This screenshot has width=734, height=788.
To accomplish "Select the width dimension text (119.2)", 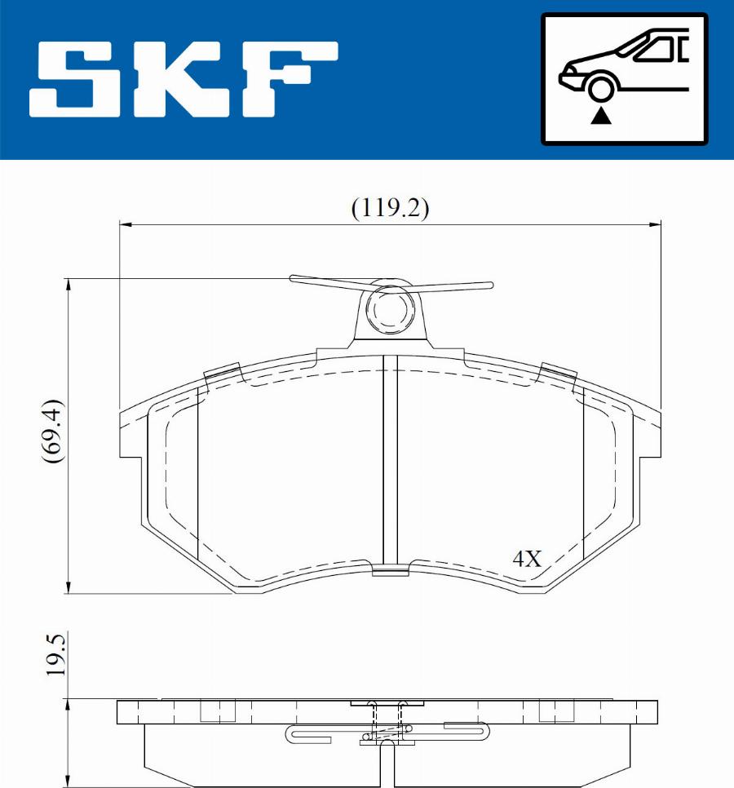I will [390, 208].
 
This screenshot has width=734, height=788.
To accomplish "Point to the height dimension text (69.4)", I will [54, 432].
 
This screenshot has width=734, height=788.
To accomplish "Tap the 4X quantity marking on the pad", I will [526, 560].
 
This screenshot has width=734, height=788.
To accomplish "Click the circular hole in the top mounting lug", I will [389, 308].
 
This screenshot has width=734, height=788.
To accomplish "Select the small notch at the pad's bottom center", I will [390, 570].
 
